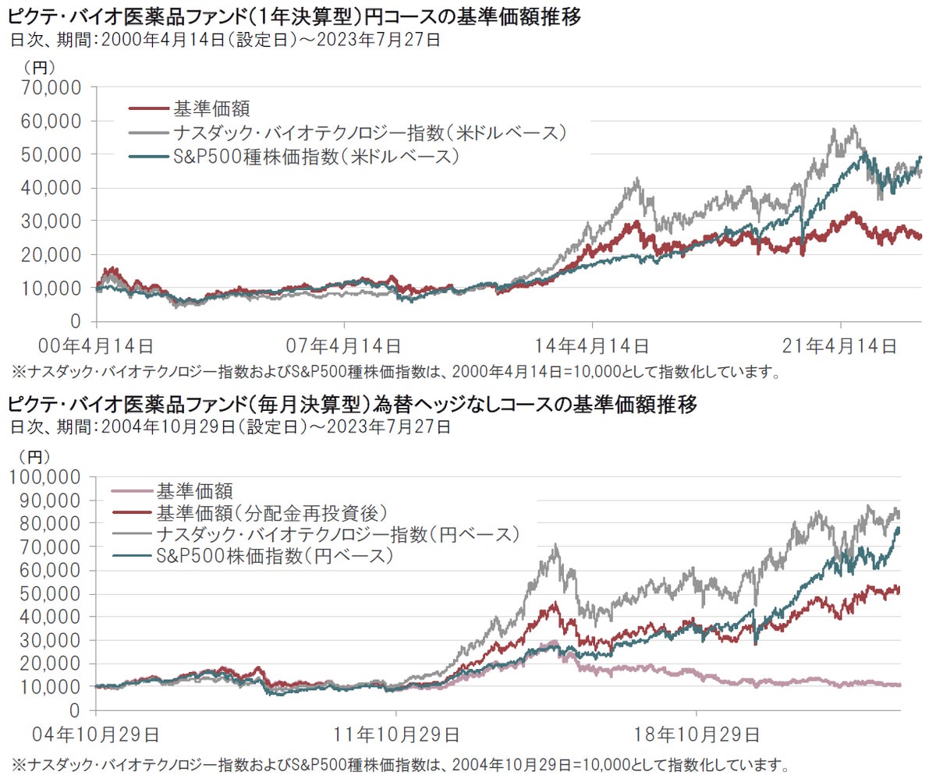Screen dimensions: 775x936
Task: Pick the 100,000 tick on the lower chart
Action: tap(48, 476)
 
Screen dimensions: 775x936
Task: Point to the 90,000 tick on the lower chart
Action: tap(53, 500)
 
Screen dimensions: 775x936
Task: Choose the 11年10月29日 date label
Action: tap(396, 734)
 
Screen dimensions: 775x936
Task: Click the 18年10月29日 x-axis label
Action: tap(696, 734)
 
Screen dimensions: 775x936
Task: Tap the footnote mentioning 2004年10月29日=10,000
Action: tap(397, 763)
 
